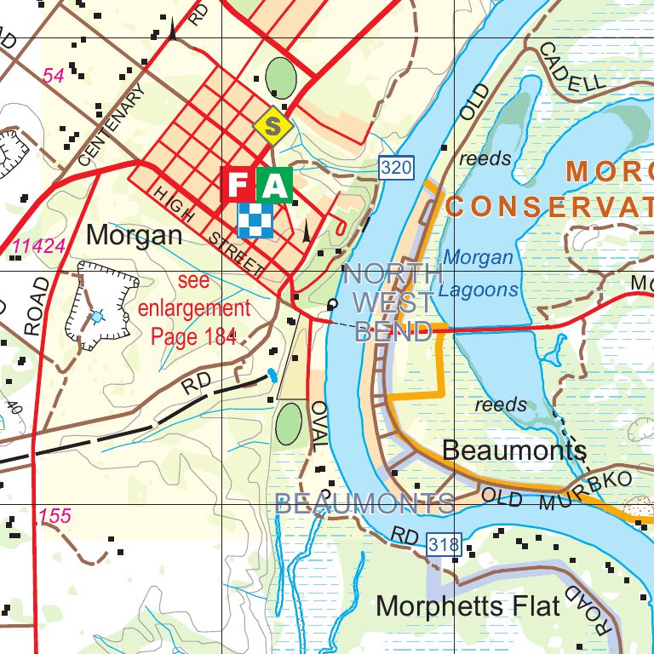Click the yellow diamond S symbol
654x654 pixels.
coord(272,127)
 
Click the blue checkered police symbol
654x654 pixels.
coord(256,220)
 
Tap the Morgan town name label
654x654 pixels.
coord(135,235)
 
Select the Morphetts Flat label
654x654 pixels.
coord(468,606)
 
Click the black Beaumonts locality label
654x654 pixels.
coord(514,450)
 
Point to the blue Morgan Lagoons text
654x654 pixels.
coord(480,273)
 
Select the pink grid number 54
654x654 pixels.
coord(54,76)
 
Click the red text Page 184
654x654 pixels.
coord(193,336)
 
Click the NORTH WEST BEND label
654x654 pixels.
coord(393,302)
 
